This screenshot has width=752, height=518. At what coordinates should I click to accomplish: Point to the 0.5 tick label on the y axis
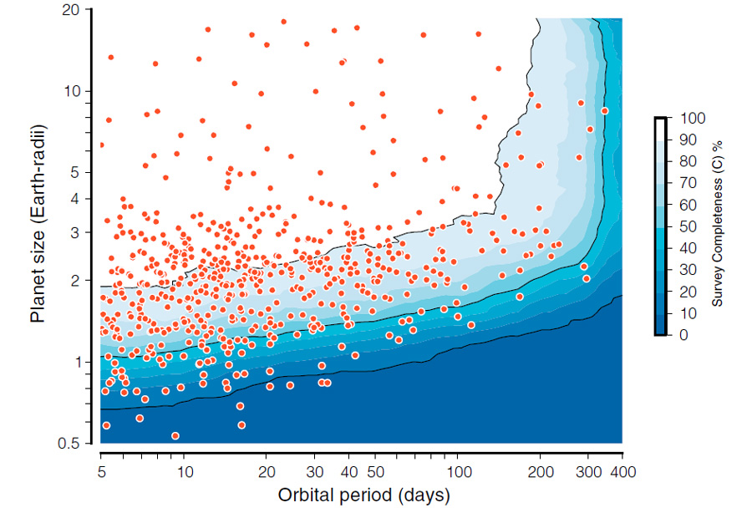pos(79,443)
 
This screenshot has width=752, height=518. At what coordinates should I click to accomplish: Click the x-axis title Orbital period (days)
pos(363,495)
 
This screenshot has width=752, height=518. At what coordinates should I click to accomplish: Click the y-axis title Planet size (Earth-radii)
pos(38,223)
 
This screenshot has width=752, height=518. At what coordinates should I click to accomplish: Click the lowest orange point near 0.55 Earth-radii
pos(175,435)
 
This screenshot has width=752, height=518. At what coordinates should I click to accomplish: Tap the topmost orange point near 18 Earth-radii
pos(283,22)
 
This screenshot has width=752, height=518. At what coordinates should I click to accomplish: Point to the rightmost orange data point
pos(604,110)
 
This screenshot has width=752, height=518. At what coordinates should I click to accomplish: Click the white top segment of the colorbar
pos(660,128)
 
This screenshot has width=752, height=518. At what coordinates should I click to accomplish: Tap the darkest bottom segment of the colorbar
pos(660,324)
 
